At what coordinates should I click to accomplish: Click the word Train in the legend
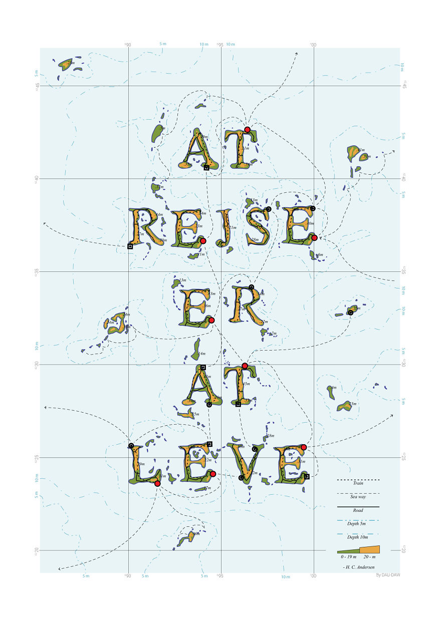[358, 483]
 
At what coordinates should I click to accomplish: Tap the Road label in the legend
[358, 510]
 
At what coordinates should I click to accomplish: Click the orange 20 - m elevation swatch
[369, 549]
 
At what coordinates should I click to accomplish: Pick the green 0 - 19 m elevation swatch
[348, 551]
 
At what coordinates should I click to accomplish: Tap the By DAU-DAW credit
[388, 575]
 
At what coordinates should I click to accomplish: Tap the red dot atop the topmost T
[247, 130]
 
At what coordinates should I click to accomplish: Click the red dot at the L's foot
[157, 484]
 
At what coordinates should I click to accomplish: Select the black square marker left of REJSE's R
[130, 246]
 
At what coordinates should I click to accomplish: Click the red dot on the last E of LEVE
[304, 447]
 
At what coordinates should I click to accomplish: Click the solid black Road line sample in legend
[358, 507]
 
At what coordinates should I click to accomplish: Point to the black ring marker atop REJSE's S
[269, 209]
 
